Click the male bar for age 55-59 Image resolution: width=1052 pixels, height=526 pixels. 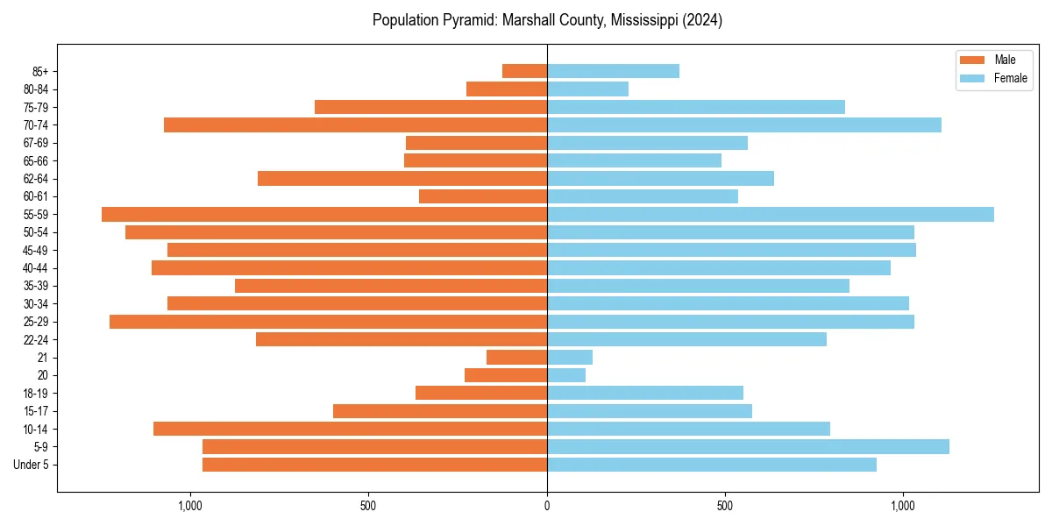click(324, 215)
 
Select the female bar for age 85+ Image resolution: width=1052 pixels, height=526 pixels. click(613, 71)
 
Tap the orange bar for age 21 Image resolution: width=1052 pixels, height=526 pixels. click(516, 358)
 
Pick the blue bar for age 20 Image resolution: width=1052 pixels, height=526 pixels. click(566, 375)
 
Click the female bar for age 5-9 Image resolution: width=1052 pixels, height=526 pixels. click(748, 446)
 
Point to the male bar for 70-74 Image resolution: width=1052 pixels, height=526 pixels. click(355, 125)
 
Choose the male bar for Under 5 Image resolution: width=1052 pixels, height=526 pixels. click(374, 465)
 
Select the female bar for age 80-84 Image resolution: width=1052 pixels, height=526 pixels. click(587, 89)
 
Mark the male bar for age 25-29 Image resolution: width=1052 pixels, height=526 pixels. click(328, 322)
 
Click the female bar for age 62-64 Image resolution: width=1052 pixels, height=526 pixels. click(660, 179)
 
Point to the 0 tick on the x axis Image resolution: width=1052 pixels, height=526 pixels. click(547, 506)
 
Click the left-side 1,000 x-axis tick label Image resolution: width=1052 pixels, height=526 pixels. click(190, 506)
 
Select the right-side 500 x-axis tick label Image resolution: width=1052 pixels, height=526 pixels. click(725, 506)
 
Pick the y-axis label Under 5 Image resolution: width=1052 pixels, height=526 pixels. click(31, 465)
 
